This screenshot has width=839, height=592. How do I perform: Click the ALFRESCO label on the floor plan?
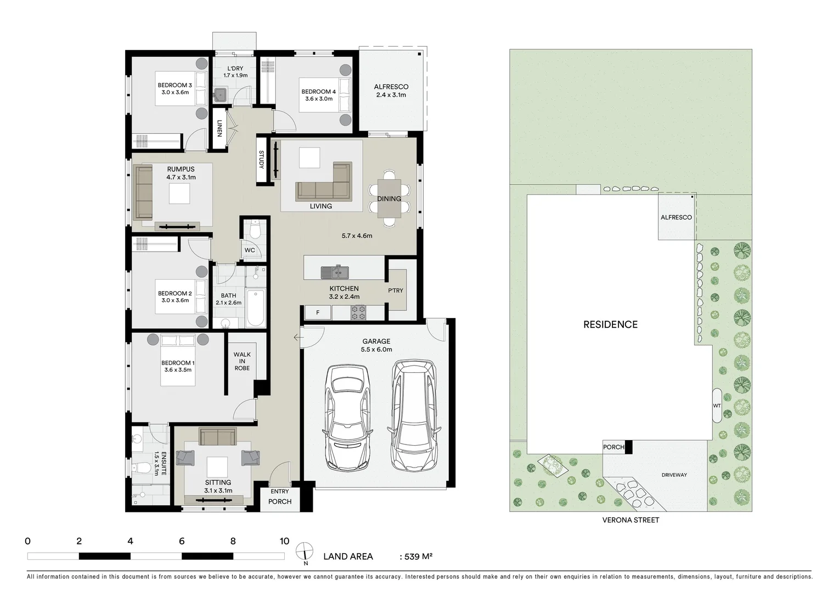pyautogui.click(x=391, y=87)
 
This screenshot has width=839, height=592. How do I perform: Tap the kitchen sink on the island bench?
pyautogui.click(x=334, y=271)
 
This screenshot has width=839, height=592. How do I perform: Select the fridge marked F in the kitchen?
pyautogui.click(x=317, y=313)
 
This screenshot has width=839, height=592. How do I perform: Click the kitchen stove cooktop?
pyautogui.click(x=358, y=313)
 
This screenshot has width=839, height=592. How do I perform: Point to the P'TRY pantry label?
pyautogui.click(x=395, y=291)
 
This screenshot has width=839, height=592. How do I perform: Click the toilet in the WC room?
pyautogui.click(x=254, y=230)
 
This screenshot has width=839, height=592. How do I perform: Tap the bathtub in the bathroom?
pyautogui.click(x=256, y=308)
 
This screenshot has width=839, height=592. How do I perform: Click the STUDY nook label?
pyautogui.click(x=262, y=160)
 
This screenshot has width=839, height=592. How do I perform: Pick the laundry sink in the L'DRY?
pyautogui.click(x=220, y=94)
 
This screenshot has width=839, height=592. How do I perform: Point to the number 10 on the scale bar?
pyautogui.click(x=284, y=542)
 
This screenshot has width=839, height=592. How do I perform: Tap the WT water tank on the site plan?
pyautogui.click(x=717, y=406)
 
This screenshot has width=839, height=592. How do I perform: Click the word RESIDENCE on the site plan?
pyautogui.click(x=610, y=325)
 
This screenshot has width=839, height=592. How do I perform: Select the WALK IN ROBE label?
pyautogui.click(x=242, y=361)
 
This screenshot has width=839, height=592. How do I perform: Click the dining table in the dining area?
pyautogui.click(x=389, y=198)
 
